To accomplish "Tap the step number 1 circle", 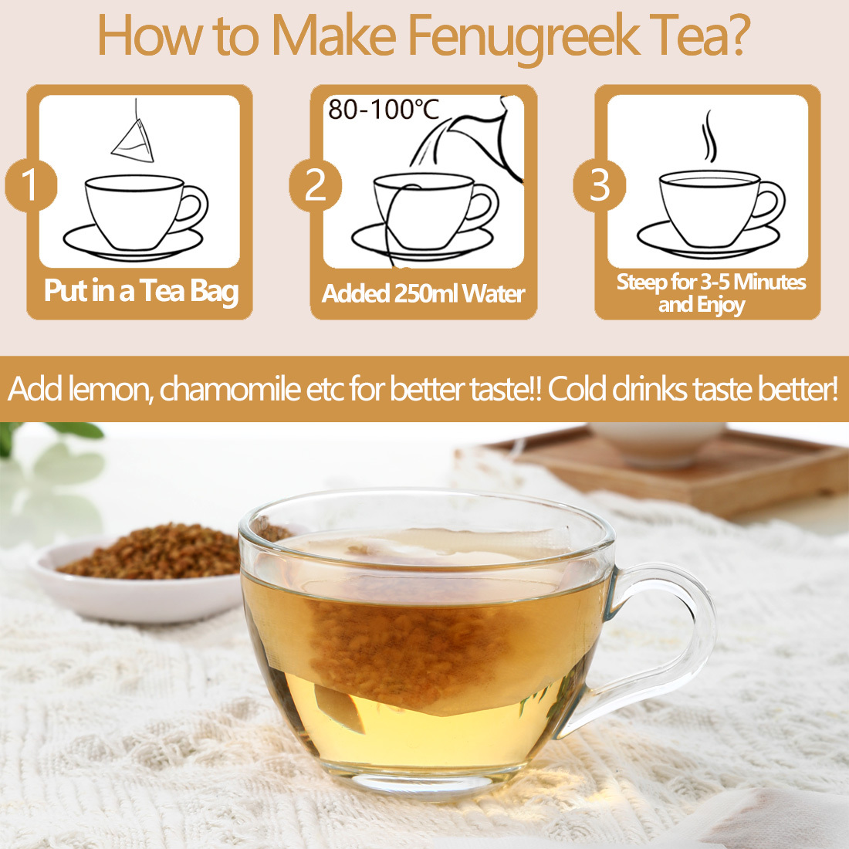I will click(30, 185).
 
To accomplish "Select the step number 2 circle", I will click(315, 185).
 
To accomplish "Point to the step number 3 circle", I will click(599, 185).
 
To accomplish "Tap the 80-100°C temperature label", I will click(384, 110).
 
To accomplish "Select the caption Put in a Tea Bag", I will click(141, 292).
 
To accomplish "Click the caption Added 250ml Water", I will click(423, 294).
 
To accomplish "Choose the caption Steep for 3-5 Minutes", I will click(710, 282).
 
